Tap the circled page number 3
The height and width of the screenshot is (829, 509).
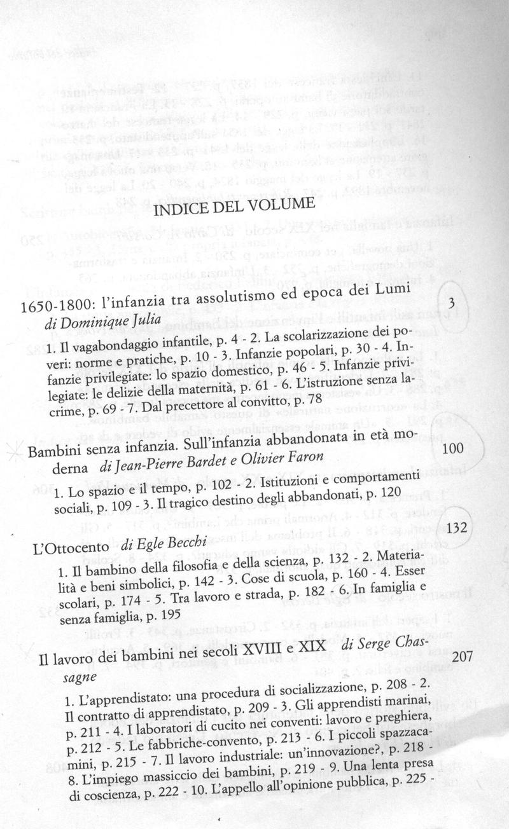coord(450,301)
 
